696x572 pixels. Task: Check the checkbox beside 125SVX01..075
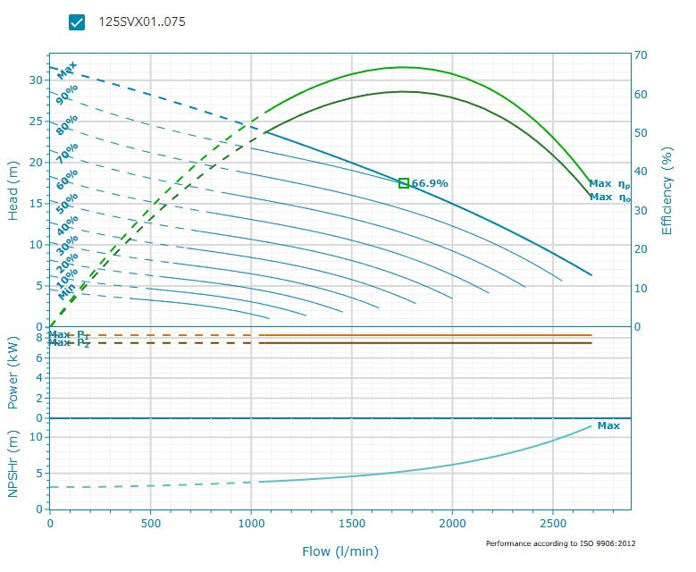click(x=77, y=22)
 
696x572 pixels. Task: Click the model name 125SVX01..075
click(x=142, y=22)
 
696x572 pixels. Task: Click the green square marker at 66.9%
click(x=404, y=183)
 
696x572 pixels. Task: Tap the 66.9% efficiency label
click(x=430, y=183)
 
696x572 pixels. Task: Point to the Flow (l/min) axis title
click(x=340, y=551)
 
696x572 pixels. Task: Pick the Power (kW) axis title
click(x=13, y=373)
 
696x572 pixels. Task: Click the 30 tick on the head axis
click(x=36, y=80)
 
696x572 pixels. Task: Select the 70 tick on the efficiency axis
click(x=641, y=55)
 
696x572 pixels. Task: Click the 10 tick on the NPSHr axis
click(x=38, y=436)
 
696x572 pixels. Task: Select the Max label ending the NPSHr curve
click(x=608, y=425)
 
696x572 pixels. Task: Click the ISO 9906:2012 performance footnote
click(x=560, y=543)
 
